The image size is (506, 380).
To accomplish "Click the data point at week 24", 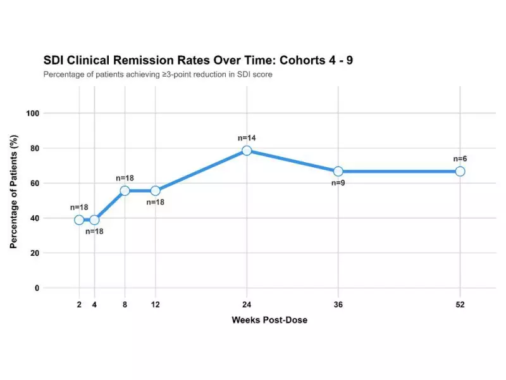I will coord(247,151).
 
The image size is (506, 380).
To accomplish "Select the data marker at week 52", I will coord(460,172).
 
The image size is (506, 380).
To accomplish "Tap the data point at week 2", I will coord(79,220).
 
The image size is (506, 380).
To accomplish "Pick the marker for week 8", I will coord(125,191).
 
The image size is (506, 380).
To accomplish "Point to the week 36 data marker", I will coord(338,172).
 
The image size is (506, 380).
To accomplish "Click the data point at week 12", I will coord(156,191).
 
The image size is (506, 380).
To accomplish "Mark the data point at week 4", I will coord(94,220).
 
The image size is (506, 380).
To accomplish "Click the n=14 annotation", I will coord(247,137).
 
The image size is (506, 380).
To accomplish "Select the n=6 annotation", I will coord(460,158).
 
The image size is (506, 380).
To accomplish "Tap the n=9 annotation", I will coord(338,184).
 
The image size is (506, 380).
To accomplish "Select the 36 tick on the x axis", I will coord(338,305).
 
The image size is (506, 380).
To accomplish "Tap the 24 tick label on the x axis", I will coord(247,305).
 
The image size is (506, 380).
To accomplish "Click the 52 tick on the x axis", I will coord(460,305).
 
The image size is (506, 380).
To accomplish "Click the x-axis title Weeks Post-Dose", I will coord(269,320).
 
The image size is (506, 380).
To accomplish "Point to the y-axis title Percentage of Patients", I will coord(13,201).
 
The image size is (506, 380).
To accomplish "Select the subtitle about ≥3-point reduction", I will coord(157,75).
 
